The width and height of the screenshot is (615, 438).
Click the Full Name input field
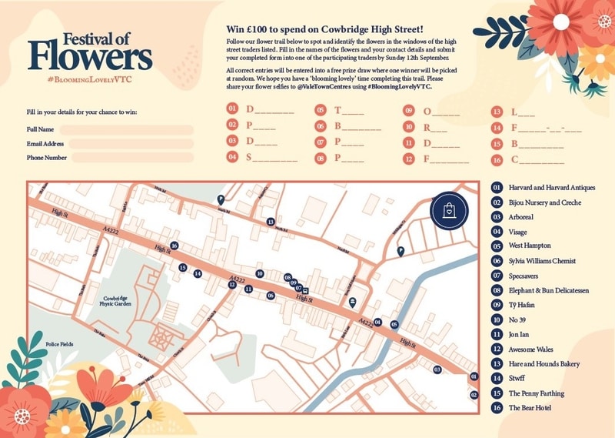pyautogui.click(x=127, y=129)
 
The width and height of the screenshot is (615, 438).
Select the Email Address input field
pyautogui.click(x=127, y=143)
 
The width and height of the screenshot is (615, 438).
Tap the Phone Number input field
pyautogui.click(x=127, y=158)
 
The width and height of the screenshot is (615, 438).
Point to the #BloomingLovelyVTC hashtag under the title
pyautogui.click(x=90, y=79)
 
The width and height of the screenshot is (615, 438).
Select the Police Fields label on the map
pyautogui.click(x=59, y=344)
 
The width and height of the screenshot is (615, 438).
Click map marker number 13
pyautogui.click(x=271, y=222)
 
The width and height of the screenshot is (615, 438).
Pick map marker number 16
pyautogui.click(x=175, y=246)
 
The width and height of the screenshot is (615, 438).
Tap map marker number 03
pyautogui.click(x=437, y=369)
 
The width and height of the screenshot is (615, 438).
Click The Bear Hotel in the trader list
pyautogui.click(x=530, y=407)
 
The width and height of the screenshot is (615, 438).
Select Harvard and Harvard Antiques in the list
pyautogui.click(x=551, y=187)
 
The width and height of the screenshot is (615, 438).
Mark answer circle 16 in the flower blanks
pyautogui.click(x=497, y=160)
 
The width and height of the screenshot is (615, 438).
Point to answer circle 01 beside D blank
pyautogui.click(x=232, y=111)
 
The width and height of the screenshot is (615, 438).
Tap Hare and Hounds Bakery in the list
pyautogui.click(x=544, y=363)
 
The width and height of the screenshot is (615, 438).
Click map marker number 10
pyautogui.click(x=260, y=273)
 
